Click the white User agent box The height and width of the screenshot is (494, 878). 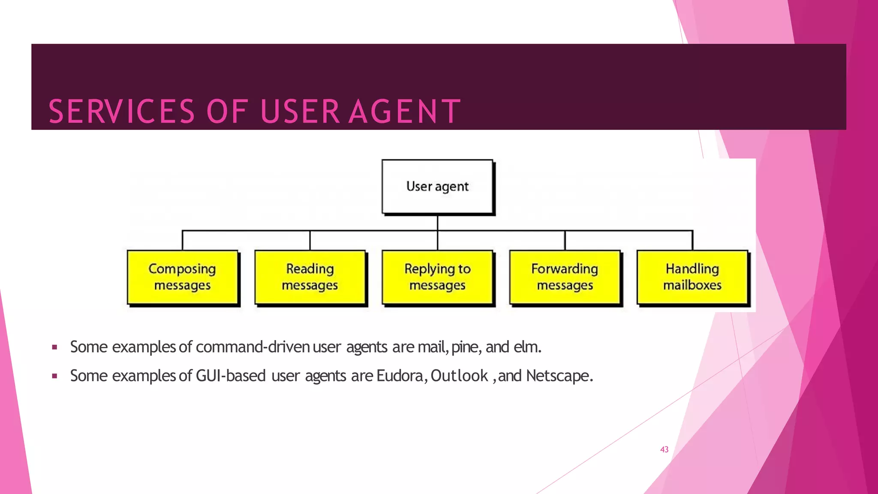437,187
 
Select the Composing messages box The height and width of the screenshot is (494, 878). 183,277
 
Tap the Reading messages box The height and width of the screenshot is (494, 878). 310,277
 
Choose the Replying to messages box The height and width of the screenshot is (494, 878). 437,277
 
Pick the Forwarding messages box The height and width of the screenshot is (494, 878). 565,277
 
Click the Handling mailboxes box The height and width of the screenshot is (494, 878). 692,277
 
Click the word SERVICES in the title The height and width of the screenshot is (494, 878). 122,111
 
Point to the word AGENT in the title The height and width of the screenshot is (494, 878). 404,111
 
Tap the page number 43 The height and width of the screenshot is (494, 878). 664,449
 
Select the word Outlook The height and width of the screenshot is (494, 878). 459,376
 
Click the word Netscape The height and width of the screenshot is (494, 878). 559,376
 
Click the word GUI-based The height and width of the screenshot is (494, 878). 231,376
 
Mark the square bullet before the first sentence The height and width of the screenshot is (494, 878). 54,347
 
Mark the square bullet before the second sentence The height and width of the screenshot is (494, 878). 54,376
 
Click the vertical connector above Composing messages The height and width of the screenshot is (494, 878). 183,241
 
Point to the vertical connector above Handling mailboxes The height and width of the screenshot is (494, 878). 692,241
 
